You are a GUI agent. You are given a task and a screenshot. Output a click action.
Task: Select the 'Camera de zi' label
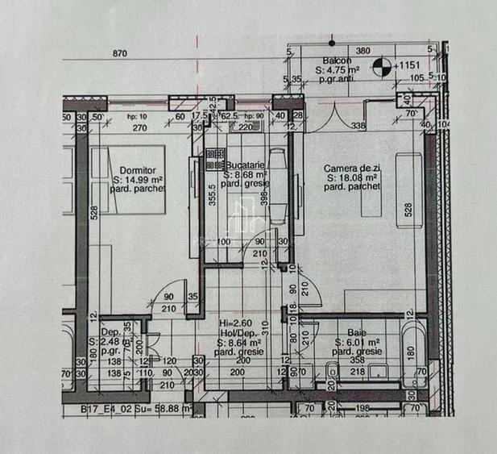[352, 169]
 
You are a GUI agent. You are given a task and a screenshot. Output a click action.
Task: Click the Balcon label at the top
[334, 60]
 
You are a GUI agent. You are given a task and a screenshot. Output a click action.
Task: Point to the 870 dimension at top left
[119, 53]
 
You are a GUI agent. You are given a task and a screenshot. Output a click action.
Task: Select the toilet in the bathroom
[331, 371]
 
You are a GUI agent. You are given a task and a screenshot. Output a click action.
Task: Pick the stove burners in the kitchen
[215, 165]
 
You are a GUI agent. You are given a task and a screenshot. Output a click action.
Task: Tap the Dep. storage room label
[110, 331]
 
